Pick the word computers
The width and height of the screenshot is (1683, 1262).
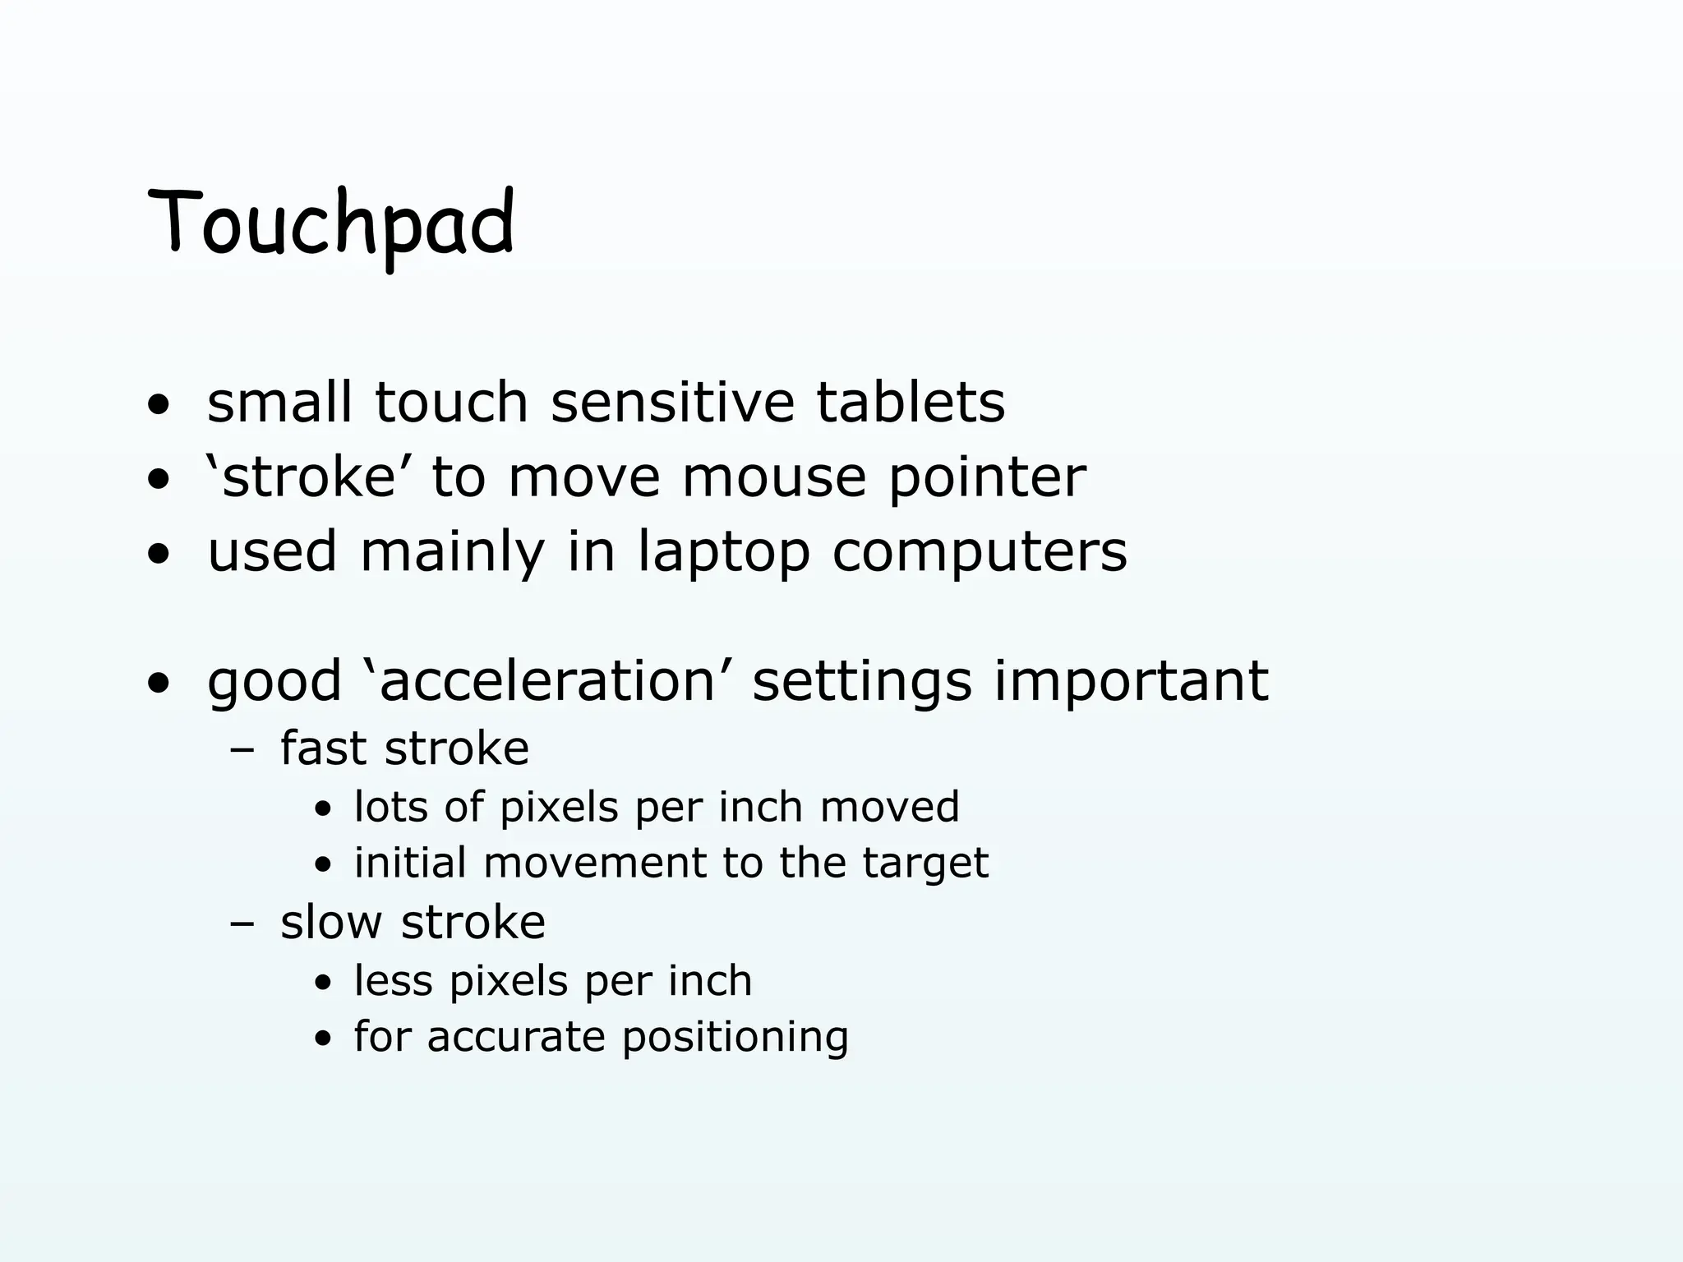coord(980,552)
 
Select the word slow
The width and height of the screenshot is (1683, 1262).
coord(331,922)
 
